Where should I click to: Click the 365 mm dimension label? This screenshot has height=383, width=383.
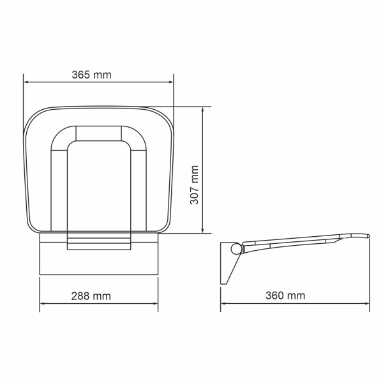coord(91,75)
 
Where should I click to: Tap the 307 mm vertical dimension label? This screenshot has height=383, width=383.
coord(195,184)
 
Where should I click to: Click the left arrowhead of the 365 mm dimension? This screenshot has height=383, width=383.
coord(26,81)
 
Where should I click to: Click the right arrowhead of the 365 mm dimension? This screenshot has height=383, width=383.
coord(170,81)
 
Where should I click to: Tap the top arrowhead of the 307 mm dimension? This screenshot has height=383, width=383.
coord(203,109)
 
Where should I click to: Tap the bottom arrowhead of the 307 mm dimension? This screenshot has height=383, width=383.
coord(203,230)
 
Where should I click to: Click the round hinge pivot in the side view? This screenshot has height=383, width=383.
coord(235,249)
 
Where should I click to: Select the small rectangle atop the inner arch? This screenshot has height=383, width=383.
coord(98,133)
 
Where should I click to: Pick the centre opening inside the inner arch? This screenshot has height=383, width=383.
coord(98,185)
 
